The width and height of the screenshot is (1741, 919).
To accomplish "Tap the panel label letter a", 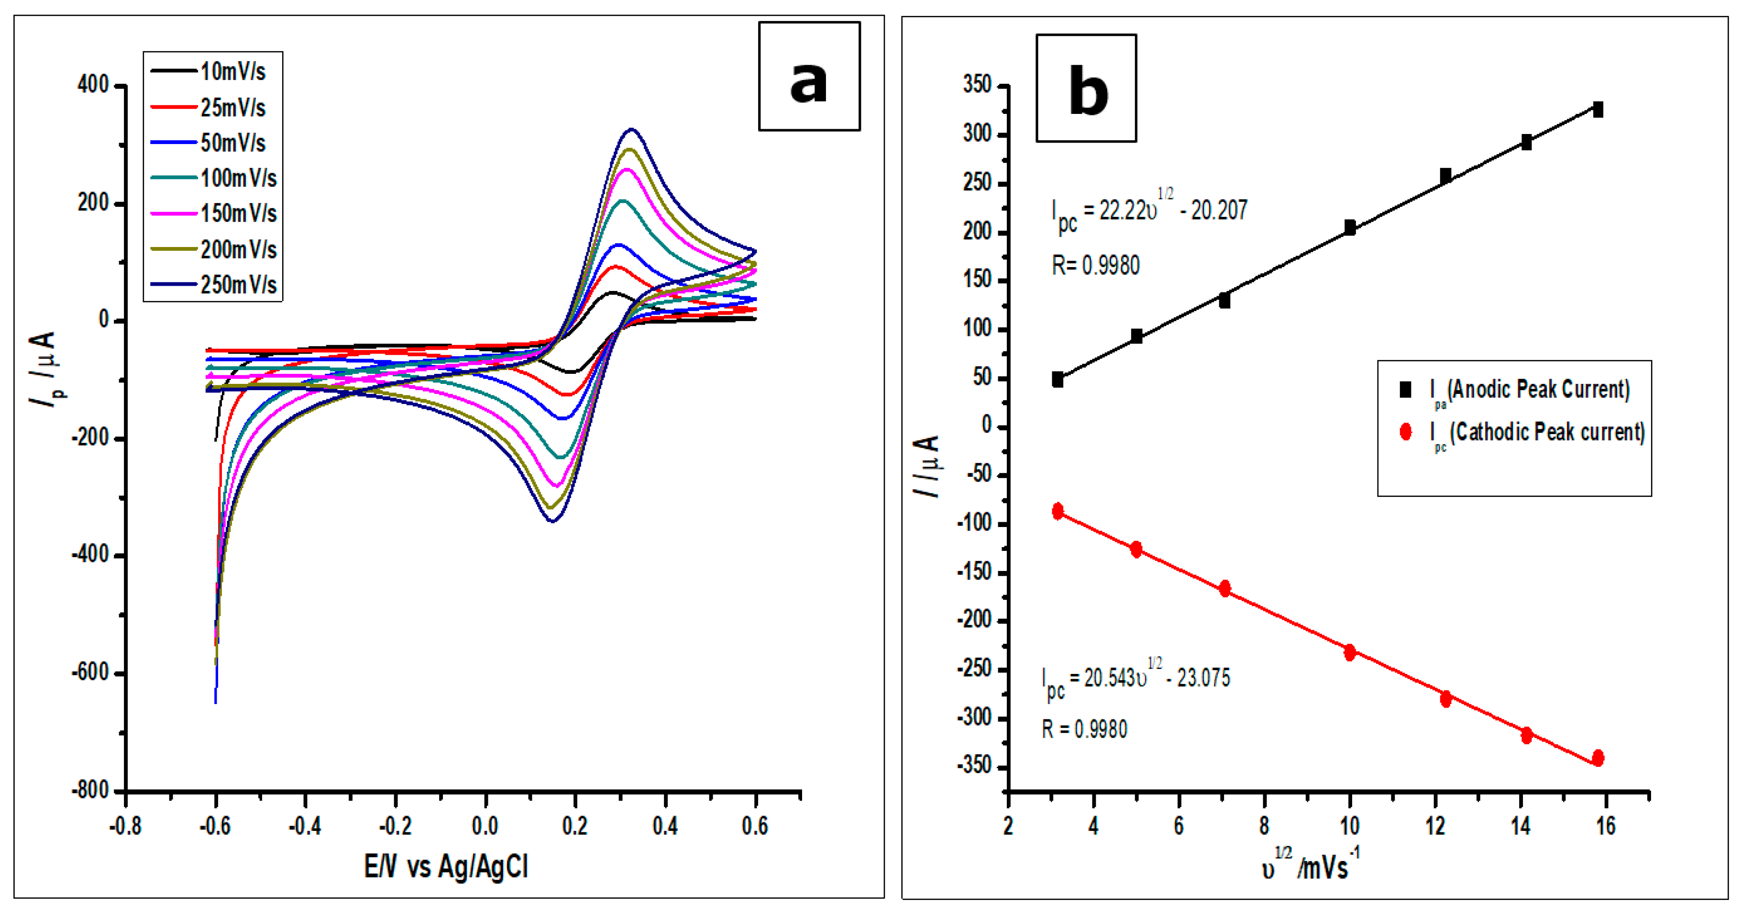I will click(x=808, y=81).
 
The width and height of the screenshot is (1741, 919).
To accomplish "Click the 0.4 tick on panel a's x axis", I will click(x=665, y=826).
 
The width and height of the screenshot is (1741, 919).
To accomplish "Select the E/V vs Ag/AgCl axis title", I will click(x=446, y=866).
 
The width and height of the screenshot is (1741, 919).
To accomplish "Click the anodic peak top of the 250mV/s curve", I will click(x=631, y=129).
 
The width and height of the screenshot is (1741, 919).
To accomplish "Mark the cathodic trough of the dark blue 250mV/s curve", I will click(x=552, y=521).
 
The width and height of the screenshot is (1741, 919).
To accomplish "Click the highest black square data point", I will click(x=1598, y=110).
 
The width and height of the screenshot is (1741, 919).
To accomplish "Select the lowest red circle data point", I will click(x=1598, y=758).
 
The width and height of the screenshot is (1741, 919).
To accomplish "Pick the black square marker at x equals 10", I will click(x=1350, y=228).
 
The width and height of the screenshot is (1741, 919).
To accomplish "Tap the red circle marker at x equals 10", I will click(x=1350, y=652).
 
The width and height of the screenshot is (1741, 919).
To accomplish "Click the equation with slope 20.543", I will click(x=1135, y=678).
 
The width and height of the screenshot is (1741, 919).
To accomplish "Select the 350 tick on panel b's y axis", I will click(x=977, y=85).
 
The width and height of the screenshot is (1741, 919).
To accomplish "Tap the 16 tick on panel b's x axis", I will click(x=1605, y=826).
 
